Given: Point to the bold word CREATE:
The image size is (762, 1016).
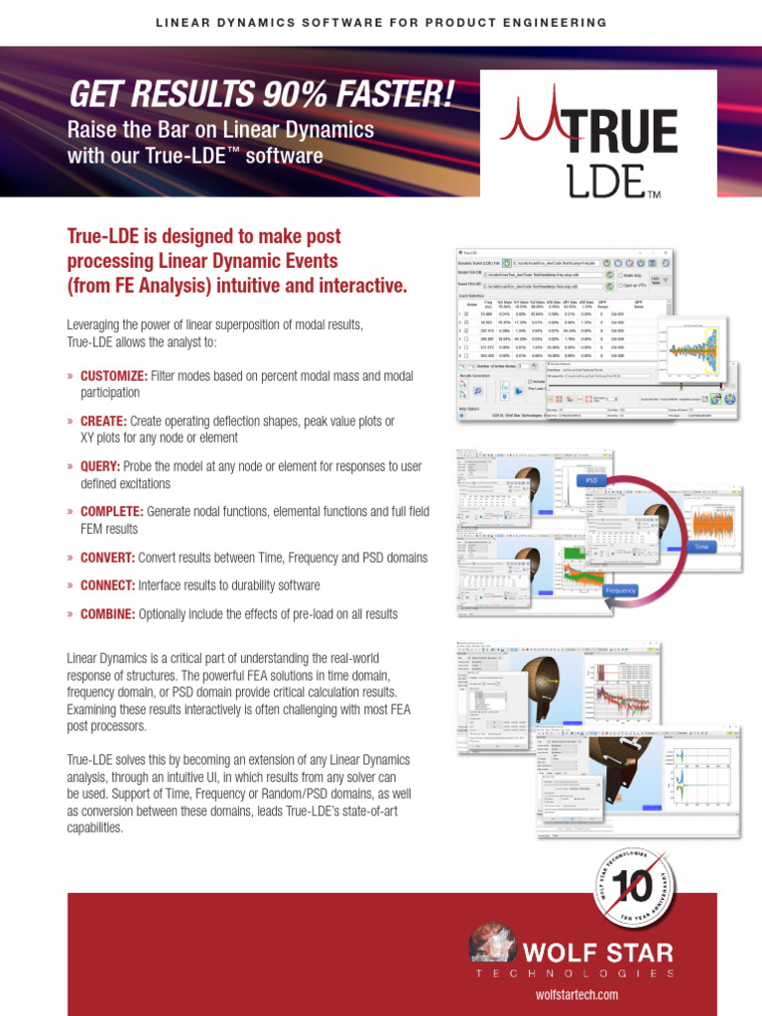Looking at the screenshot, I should [x=103, y=422].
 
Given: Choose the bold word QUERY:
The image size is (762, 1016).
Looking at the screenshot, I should [x=100, y=466].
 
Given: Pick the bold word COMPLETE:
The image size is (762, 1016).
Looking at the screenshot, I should [x=112, y=512].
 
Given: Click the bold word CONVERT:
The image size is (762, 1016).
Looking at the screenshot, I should [x=108, y=558].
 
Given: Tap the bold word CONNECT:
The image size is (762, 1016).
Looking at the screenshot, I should [x=108, y=585].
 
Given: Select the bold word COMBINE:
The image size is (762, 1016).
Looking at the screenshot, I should [x=108, y=614].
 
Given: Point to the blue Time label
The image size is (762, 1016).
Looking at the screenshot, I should [x=701, y=546].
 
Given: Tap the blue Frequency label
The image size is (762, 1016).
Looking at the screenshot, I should [x=620, y=590].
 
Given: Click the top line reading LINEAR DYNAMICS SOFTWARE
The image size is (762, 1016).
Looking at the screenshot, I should [x=381, y=22].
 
